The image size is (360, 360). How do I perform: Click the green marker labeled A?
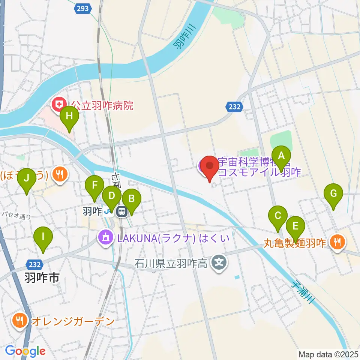pos(281,156)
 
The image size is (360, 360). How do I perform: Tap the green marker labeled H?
pos(69,116)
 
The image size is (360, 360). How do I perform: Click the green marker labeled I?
pos(43,237)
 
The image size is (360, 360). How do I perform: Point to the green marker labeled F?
pos(94,186)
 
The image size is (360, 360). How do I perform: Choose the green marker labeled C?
pos(278,216)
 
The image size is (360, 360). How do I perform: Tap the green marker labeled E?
pos(295,226)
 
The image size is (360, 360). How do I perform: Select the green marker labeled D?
pos(111,196)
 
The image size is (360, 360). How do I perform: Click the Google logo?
pos(25,351)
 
